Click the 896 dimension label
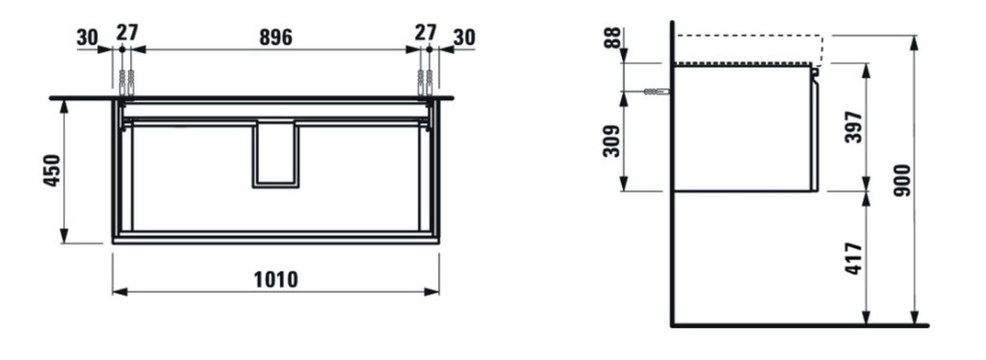tap(276, 38)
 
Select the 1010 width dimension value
tap(276, 279)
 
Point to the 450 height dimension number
tap(52, 170)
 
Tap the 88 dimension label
tap(612, 38)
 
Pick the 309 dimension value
tap(611, 141)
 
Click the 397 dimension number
tap(854, 127)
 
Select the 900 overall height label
tap(902, 180)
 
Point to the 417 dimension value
tap(854, 258)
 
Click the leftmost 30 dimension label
tap(88, 38)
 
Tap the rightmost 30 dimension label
tap(464, 38)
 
